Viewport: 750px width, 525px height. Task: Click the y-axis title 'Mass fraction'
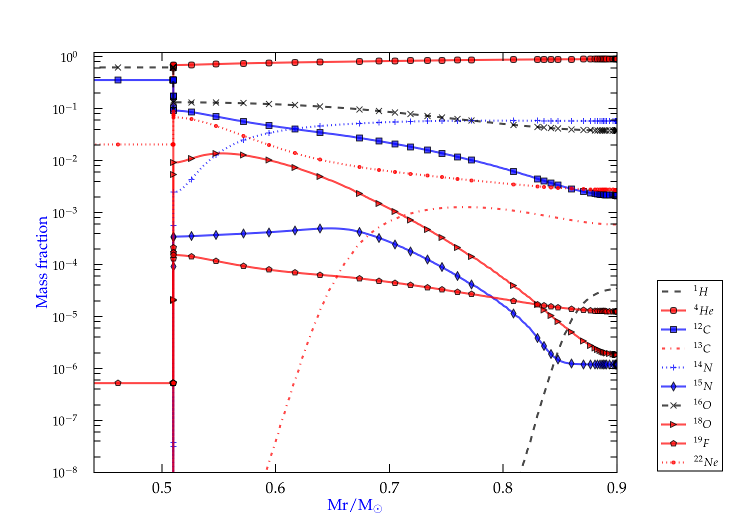[x=41, y=262]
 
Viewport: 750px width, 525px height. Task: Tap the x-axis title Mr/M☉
[x=354, y=505]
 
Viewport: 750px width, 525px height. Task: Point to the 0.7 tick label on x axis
[x=389, y=487]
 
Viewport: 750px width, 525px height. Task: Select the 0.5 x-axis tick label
[x=161, y=487]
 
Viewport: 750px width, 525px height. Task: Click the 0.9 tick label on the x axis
[x=616, y=487]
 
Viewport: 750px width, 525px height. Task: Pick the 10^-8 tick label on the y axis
[x=68, y=472]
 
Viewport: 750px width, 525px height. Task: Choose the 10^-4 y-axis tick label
[x=68, y=264]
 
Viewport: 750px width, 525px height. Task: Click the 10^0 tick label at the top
[x=69, y=57]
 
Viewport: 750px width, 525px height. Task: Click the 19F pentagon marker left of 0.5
[x=118, y=383]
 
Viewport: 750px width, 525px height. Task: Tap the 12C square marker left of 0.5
[x=118, y=80]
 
